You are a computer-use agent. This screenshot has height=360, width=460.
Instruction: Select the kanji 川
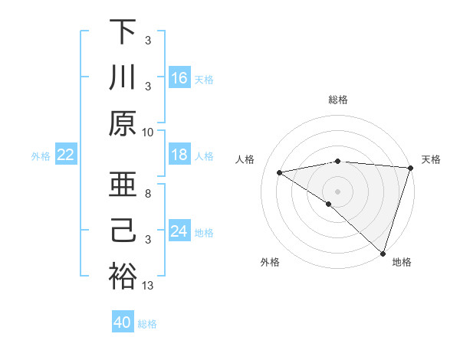[123, 78]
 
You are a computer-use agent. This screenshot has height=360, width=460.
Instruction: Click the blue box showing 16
[179, 77]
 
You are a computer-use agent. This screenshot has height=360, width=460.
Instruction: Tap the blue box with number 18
[179, 155]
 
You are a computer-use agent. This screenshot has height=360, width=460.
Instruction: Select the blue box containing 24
[179, 231]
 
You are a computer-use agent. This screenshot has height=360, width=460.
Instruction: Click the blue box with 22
[65, 155]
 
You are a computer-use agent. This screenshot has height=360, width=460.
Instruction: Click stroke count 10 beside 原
[148, 132]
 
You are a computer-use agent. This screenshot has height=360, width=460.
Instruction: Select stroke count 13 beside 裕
[148, 286]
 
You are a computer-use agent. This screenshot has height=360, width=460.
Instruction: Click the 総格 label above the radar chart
[338, 100]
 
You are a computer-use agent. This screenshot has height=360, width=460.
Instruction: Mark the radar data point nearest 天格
[410, 168]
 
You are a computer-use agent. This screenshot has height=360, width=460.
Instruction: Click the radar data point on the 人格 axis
[279, 172]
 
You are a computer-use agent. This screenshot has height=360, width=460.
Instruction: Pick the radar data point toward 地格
[383, 252]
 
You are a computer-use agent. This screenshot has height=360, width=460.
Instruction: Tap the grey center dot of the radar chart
[338, 191]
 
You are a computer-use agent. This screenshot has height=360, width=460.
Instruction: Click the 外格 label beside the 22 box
[41, 155]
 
